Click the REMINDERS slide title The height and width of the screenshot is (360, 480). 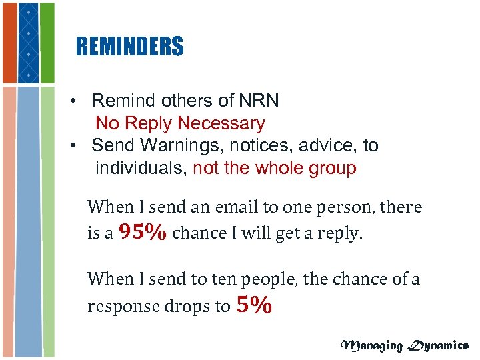[129, 47]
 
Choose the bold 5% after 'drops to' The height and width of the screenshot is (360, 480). [254, 305]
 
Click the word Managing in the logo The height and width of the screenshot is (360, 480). [371, 345]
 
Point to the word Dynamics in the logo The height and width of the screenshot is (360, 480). [437, 345]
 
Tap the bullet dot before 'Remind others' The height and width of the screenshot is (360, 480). [79, 101]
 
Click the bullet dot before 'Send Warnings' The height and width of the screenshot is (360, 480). [79, 146]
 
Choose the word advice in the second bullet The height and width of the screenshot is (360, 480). [329, 145]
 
